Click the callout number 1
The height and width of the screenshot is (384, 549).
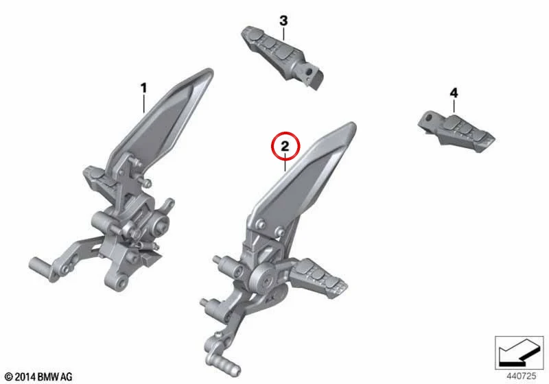point(143,88)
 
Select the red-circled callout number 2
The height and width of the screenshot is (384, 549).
point(285,146)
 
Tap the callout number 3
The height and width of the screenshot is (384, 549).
point(283,21)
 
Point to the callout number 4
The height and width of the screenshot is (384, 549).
point(454,93)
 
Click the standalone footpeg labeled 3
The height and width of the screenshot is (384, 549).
point(283,57)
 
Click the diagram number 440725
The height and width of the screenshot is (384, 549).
point(521,376)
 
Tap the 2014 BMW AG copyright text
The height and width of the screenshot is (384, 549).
point(39,376)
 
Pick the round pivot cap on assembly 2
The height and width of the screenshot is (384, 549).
point(265,278)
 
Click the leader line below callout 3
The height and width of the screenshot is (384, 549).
point(284,34)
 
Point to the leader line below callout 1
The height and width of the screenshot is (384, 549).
point(143,104)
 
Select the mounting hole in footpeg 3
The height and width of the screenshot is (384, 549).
point(308,72)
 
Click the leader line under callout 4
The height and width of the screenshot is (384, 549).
point(454,106)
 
